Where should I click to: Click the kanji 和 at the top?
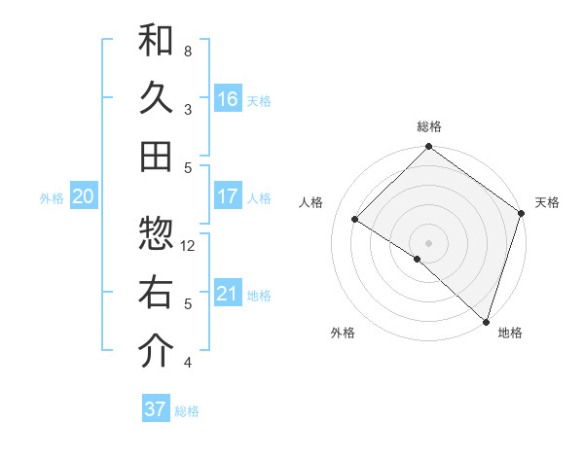pyautogui.click(x=156, y=41)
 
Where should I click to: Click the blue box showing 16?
pyautogui.click(x=227, y=98)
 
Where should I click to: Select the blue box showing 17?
pyautogui.click(x=227, y=196)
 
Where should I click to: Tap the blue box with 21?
pyautogui.click(x=227, y=294)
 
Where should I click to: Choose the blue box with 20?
pyautogui.click(x=83, y=196)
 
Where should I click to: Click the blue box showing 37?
pyautogui.click(x=155, y=409)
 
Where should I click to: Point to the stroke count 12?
pyautogui.click(x=189, y=245)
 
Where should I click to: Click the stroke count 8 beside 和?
pyautogui.click(x=188, y=51)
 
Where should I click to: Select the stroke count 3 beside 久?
pyautogui.click(x=188, y=109)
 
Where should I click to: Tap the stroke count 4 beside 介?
pyautogui.click(x=188, y=363)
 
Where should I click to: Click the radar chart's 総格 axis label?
pyautogui.click(x=428, y=126)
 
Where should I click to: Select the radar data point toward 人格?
pyautogui.click(x=355, y=220)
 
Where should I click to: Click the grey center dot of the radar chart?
pyautogui.click(x=428, y=242)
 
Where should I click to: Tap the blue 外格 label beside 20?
pyautogui.click(x=52, y=197)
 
